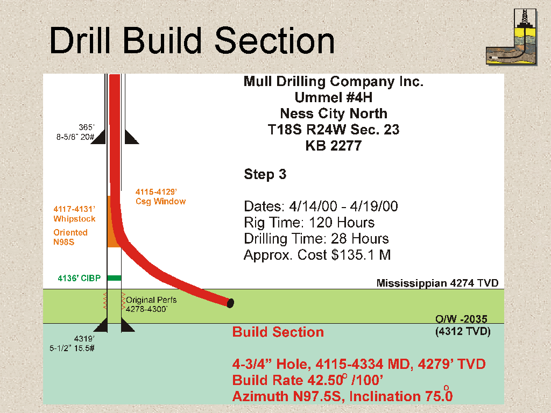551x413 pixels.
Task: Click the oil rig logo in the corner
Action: (512, 37)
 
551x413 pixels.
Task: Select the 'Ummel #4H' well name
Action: (334, 97)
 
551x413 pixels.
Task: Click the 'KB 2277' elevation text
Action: (334, 146)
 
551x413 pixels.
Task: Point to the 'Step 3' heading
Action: (265, 174)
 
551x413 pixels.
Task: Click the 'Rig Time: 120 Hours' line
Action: (309, 223)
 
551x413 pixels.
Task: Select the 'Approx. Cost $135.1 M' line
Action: (317, 255)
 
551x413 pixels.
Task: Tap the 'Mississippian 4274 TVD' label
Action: (437, 283)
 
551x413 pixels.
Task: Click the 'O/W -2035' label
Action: (461, 319)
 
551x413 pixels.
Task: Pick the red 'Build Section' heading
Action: (278, 332)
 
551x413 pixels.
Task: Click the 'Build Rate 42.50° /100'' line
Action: (307, 380)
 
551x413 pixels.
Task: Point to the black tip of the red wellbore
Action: (230, 303)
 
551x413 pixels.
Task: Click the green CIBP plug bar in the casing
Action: (114, 278)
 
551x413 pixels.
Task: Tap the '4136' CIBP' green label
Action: (79, 278)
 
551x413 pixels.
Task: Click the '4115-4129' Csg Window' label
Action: (160, 197)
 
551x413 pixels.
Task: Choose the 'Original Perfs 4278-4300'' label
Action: (151, 304)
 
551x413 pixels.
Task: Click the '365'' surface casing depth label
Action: (87, 127)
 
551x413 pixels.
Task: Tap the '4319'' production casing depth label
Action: (84, 339)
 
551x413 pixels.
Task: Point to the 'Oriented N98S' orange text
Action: (70, 237)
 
